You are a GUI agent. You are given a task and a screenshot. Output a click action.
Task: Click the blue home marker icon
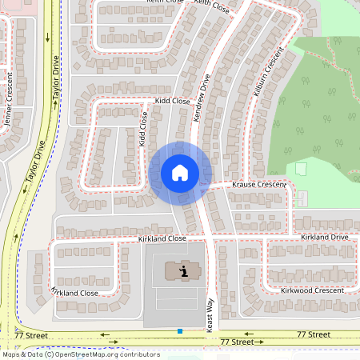click(x=180, y=172)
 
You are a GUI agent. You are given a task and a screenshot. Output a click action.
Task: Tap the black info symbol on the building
click(x=184, y=271)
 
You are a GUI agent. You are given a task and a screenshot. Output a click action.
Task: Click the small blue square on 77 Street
click(x=180, y=330)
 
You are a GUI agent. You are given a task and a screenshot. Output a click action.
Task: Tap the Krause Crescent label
click(x=258, y=185)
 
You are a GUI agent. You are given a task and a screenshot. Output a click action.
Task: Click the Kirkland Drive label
click(x=324, y=238)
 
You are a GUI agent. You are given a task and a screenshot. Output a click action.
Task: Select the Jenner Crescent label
click(x=9, y=100)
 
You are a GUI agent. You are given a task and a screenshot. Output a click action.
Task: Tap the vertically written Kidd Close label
click(x=143, y=128)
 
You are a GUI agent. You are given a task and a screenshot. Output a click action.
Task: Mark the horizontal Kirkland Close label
click(x=161, y=238)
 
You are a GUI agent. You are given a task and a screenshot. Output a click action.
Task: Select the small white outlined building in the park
click(x=301, y=170)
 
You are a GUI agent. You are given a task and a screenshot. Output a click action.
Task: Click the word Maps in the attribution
click(x=11, y=354)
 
